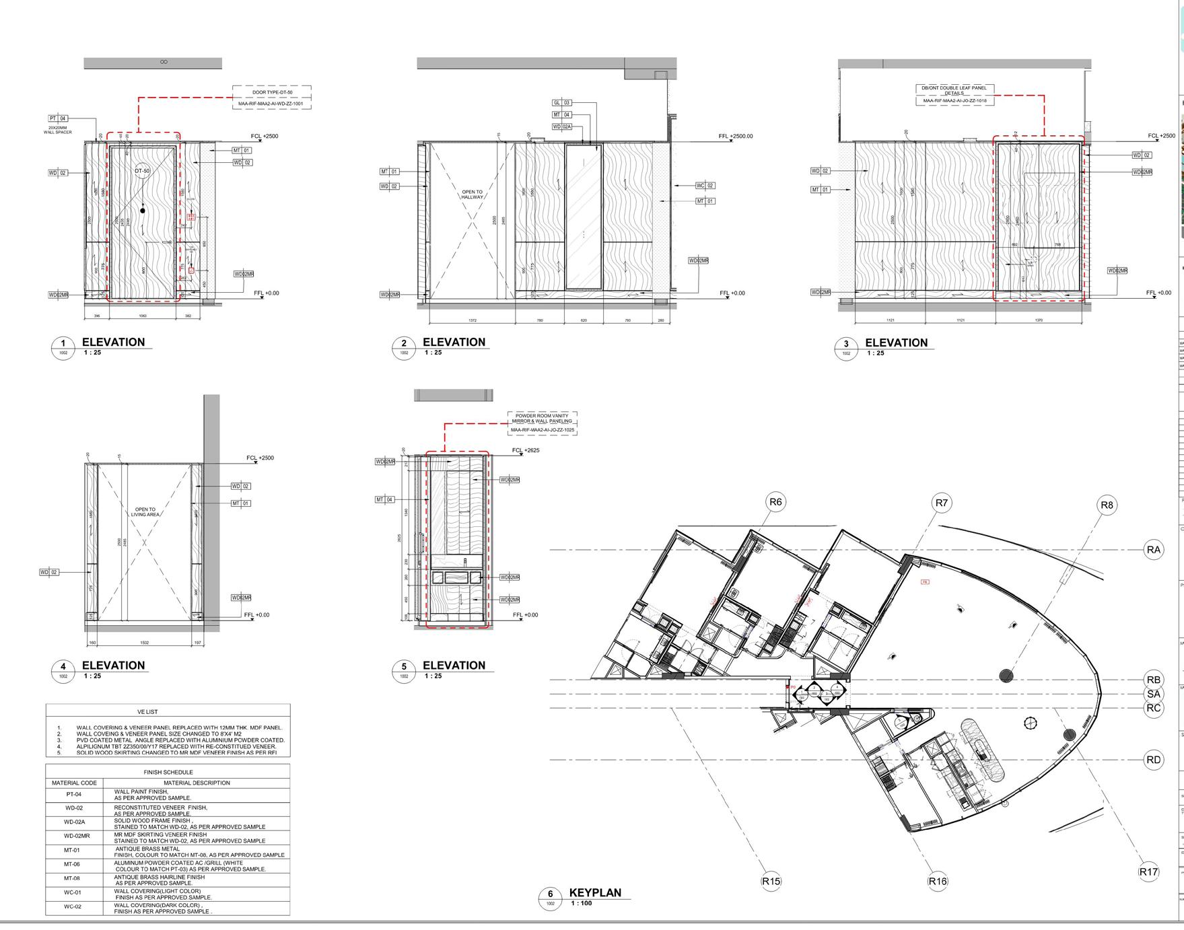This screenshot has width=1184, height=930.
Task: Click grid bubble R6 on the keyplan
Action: click(x=776, y=502)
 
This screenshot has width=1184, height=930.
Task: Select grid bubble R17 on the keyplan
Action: click(x=1149, y=871)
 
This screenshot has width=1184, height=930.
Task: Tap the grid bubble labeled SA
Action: click(x=1154, y=694)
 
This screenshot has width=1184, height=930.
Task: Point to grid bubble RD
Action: click(x=1154, y=760)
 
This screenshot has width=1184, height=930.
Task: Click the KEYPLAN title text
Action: click(x=595, y=892)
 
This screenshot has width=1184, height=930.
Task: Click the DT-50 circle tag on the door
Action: click(x=142, y=171)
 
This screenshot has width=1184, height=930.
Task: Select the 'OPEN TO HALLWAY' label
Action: click(x=472, y=194)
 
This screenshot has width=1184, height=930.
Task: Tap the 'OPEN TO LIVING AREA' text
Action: click(x=145, y=512)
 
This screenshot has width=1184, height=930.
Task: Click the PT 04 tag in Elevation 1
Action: click(x=58, y=118)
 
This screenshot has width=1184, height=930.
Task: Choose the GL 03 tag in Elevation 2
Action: click(x=561, y=103)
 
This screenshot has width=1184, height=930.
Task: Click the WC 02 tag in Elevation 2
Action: click(x=705, y=185)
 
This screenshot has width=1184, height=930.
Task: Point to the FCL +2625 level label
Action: click(x=526, y=450)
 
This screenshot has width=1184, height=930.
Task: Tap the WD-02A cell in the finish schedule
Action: click(x=74, y=822)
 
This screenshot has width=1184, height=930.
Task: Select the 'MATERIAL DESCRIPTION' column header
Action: click(x=197, y=783)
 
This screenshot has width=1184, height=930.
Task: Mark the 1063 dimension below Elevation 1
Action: click(x=142, y=316)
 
